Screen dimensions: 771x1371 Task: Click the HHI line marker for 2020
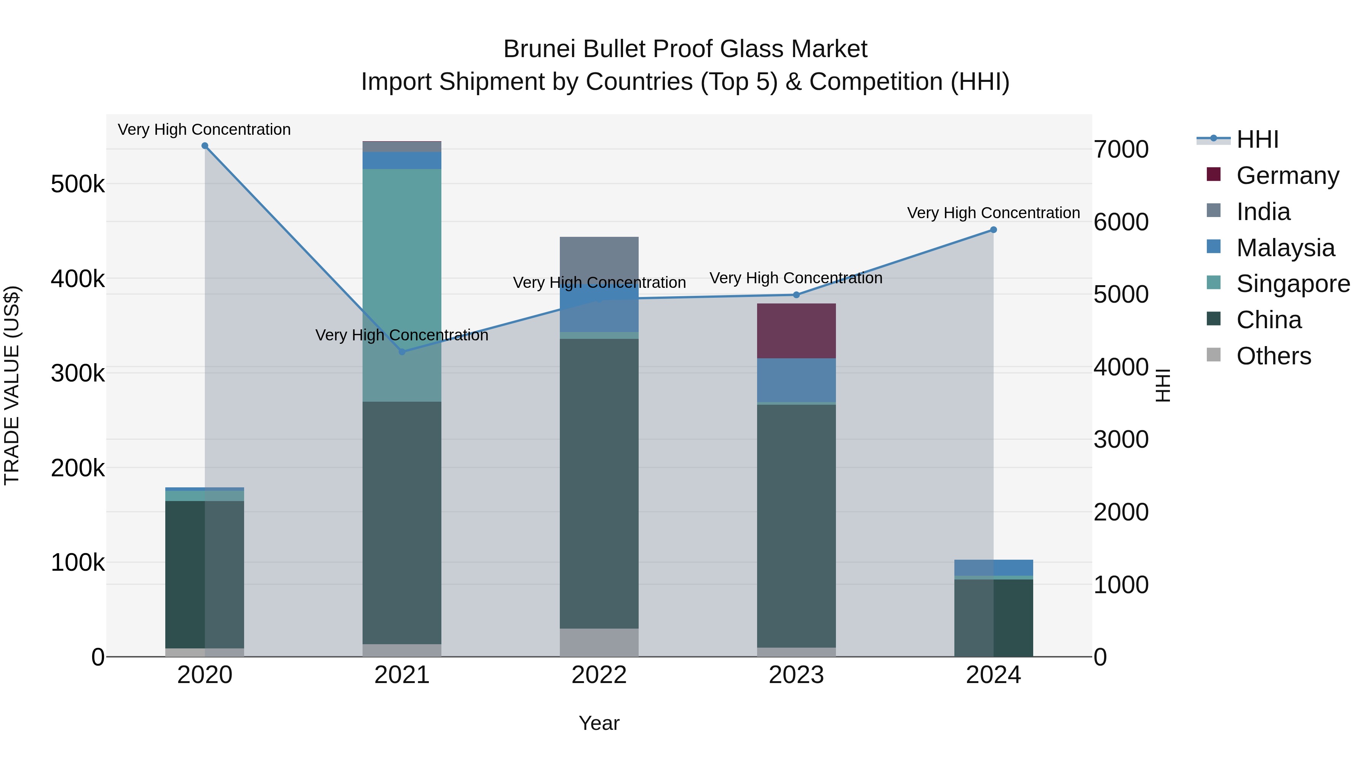[205, 146]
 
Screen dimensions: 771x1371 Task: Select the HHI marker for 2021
[402, 352]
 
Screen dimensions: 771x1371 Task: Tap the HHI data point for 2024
[993, 230]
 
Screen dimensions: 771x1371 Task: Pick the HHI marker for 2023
[796, 295]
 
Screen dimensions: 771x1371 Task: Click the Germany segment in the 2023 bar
[796, 330]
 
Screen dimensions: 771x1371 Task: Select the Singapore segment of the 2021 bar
[402, 285]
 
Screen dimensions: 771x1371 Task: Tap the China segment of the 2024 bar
[993, 617]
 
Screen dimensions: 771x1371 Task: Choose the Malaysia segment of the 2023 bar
[796, 380]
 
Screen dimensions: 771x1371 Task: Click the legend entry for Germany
[1287, 176]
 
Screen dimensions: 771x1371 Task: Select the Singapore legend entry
[1292, 284]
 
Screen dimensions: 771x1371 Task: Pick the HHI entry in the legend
[1257, 139]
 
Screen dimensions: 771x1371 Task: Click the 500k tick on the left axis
[78, 185]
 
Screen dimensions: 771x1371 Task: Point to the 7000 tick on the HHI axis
[1120, 150]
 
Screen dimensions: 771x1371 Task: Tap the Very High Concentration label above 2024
[993, 213]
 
